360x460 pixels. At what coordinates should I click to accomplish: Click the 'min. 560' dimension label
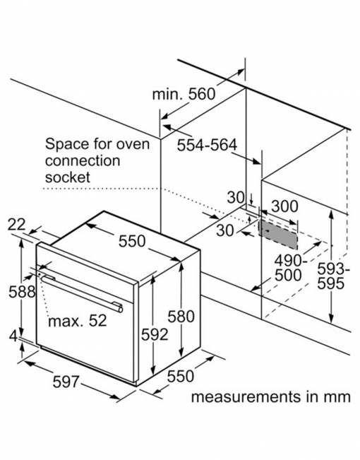tap(184, 95)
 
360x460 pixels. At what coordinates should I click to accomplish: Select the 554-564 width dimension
tap(207, 145)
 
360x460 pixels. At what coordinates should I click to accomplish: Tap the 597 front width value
tap(66, 382)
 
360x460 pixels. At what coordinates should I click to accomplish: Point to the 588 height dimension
tap(22, 292)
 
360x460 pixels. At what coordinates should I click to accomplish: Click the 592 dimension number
tap(155, 334)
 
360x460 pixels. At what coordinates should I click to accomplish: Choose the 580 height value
tap(181, 317)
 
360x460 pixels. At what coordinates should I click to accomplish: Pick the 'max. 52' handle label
tap(78, 321)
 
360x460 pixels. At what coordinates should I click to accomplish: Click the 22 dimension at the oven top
tap(17, 225)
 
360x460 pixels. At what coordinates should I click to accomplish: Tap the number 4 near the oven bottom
tap(13, 336)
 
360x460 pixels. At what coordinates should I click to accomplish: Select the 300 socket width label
tap(285, 206)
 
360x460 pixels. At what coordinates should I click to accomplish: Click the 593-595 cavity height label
tap(334, 276)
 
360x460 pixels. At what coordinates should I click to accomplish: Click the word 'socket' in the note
tap(68, 177)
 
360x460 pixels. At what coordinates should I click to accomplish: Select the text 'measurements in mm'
tap(271, 397)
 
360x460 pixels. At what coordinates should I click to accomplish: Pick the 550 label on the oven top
tap(132, 241)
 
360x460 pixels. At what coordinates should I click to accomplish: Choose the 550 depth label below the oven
tap(181, 377)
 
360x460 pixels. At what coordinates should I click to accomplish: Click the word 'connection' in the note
tap(83, 161)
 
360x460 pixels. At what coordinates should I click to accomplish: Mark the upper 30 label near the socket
tap(236, 198)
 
